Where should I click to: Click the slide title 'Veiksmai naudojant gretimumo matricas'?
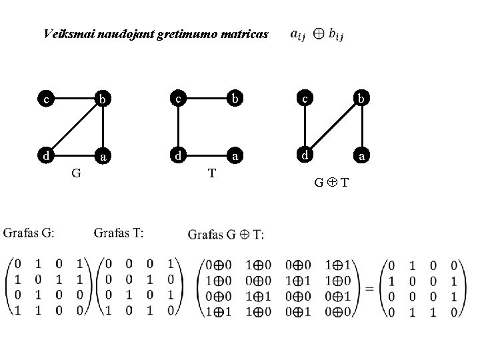pos(155,33)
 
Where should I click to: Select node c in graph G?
pos(45,101)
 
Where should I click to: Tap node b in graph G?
pos(102,101)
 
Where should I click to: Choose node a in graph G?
pos(102,158)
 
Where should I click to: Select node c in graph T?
pos(178,99)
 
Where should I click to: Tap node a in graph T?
pos(235,157)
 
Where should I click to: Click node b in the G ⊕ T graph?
pos(361,99)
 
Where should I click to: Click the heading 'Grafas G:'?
pos(29,233)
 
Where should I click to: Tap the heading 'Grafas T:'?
pos(119,233)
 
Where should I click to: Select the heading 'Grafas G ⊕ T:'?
pos(226,234)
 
